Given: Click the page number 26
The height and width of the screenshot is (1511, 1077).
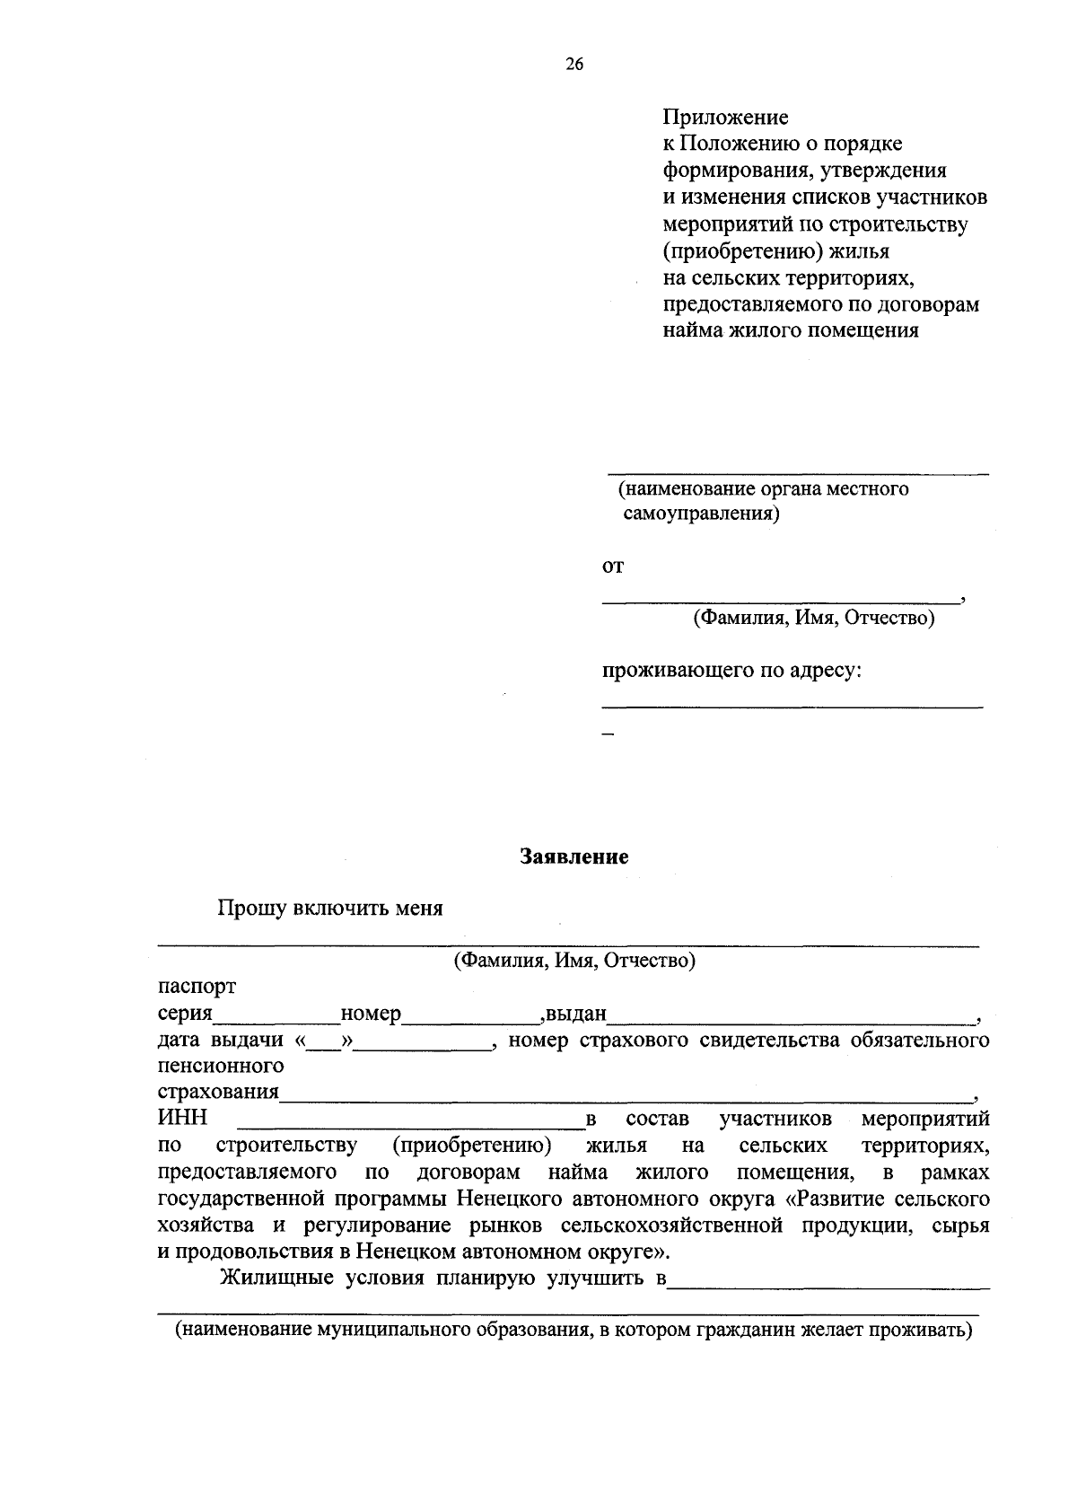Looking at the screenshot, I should pyautogui.click(x=574, y=64).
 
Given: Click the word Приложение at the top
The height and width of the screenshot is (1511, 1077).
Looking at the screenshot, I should pyautogui.click(x=725, y=117).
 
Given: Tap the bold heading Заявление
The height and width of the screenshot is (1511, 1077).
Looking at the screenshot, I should pyautogui.click(x=574, y=857).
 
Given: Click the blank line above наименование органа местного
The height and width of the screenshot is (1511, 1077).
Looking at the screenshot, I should pyautogui.click(x=798, y=470).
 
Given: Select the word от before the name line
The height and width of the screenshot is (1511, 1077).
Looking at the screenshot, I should pyautogui.click(x=612, y=567).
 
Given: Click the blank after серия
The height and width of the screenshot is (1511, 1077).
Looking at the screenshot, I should pyautogui.click(x=276, y=1019).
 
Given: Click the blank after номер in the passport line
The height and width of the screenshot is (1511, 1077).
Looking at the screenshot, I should pyautogui.click(x=471, y=1019).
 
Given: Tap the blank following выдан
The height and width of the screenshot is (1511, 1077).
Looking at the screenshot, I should pyautogui.click(x=792, y=1019).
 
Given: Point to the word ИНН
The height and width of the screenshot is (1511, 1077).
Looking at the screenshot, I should pyautogui.click(x=182, y=1119).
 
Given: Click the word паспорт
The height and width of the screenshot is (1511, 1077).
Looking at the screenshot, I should pyautogui.click(x=197, y=987).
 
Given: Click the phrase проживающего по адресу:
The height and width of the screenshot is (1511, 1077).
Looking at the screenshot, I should pyautogui.click(x=731, y=671).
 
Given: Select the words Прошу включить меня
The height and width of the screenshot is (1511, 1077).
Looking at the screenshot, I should pyautogui.click(x=330, y=908).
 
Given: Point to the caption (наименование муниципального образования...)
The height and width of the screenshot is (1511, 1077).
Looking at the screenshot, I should pyautogui.click(x=574, y=1330).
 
